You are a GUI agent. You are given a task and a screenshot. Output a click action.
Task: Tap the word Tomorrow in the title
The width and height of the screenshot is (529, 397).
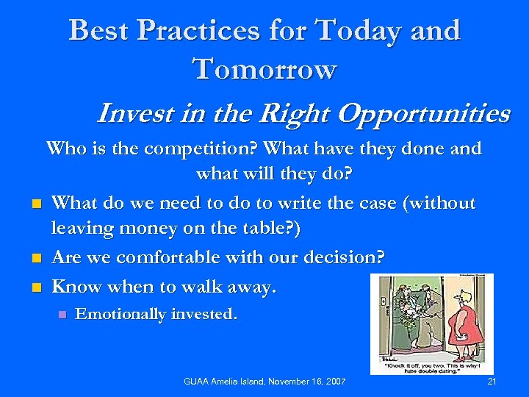coord(264,69)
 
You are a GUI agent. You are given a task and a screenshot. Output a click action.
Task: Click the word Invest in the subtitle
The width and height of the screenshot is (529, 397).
coord(129,114)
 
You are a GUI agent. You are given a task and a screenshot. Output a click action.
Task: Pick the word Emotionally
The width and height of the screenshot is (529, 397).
coord(120,315)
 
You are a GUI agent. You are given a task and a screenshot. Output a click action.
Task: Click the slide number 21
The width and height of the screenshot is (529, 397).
coord(492,382)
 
